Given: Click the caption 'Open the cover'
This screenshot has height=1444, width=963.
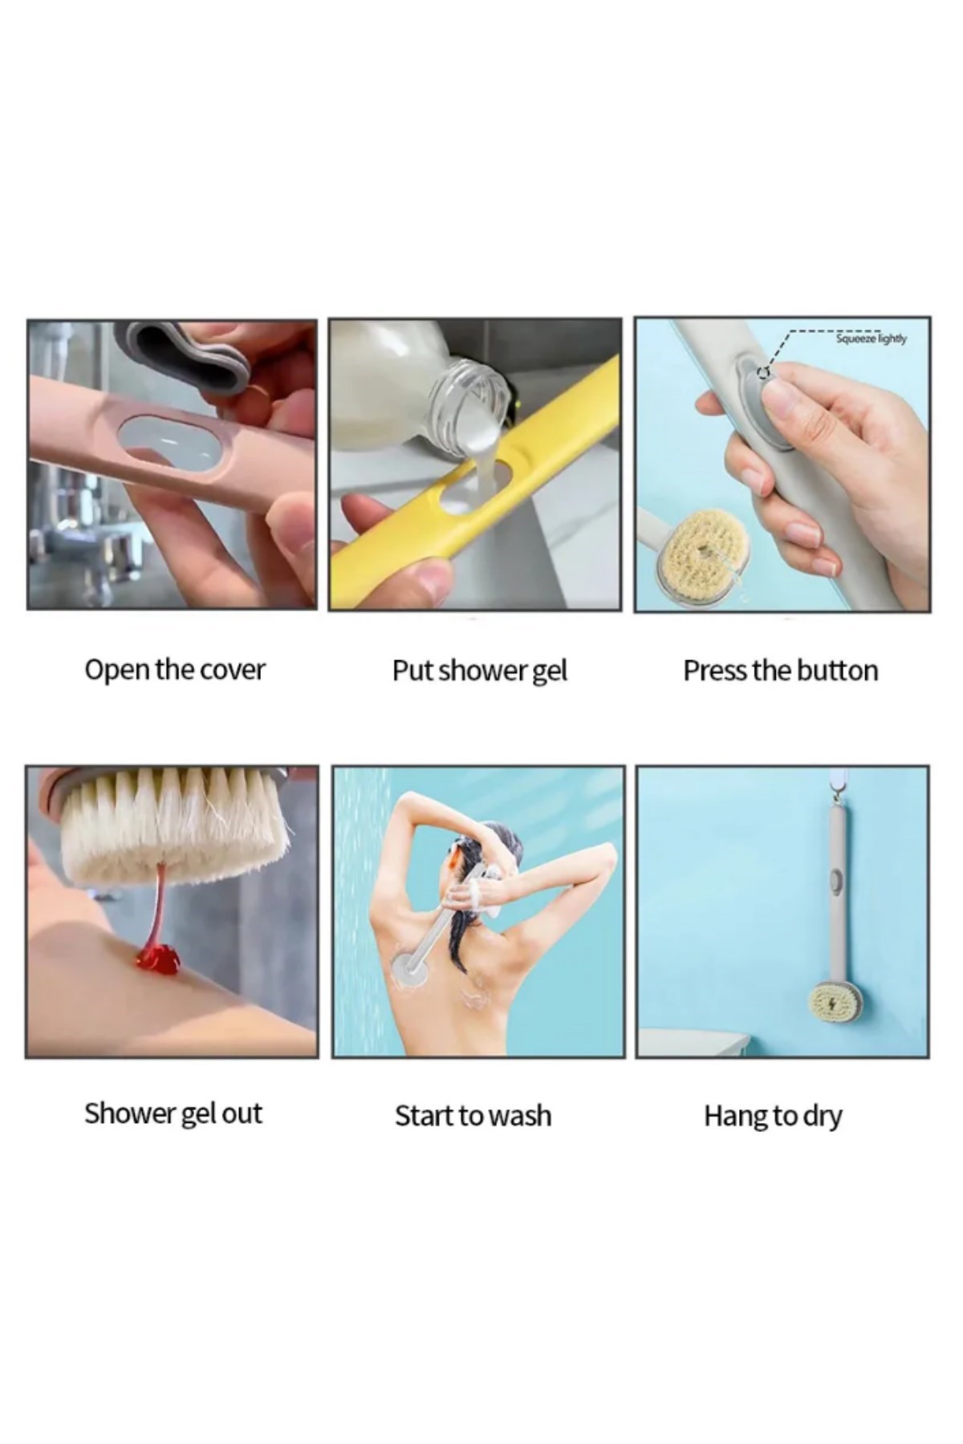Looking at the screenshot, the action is pos(174,670).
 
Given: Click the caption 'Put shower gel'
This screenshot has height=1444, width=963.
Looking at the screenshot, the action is pos(479,671).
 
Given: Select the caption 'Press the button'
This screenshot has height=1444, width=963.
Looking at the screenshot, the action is pos(781,671).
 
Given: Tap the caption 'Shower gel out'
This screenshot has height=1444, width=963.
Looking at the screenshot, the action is pos(173,1113).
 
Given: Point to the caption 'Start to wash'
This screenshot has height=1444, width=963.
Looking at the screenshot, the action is pos(473,1116).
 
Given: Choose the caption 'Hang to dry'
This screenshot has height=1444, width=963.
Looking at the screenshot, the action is pos(773,1116).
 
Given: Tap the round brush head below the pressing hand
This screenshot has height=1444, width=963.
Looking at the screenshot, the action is pos(697,556).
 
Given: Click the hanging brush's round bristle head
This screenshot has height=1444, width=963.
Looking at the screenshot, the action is pos(835,1005).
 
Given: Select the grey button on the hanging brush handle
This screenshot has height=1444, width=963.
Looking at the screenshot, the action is pos(836,880).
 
